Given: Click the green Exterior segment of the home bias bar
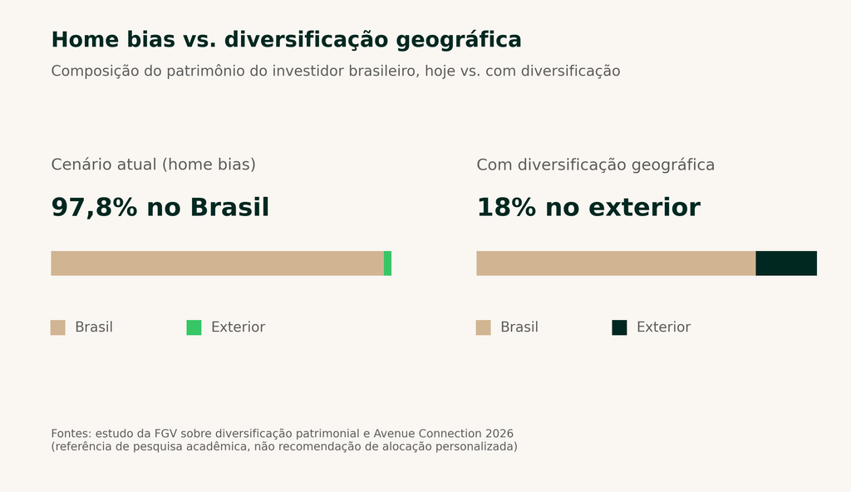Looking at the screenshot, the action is coord(387,263).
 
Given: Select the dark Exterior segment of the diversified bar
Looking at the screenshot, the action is coord(786,263).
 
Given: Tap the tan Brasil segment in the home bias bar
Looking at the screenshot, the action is coord(217,263).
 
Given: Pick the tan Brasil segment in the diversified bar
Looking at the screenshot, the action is coord(616,263).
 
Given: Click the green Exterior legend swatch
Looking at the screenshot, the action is coord(194,327).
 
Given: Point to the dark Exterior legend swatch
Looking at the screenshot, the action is coord(619,327).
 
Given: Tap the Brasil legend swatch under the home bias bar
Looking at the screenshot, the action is coord(58,327).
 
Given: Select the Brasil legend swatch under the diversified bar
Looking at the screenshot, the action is coord(484,327).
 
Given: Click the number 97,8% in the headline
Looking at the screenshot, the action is coord(95,208).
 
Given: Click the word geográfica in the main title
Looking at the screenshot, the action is coord(459,41).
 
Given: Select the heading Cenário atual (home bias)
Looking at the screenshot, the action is coord(154,165).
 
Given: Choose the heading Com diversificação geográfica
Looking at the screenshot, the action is coord(595,165).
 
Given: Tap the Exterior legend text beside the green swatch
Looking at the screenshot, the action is coord(239,327).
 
